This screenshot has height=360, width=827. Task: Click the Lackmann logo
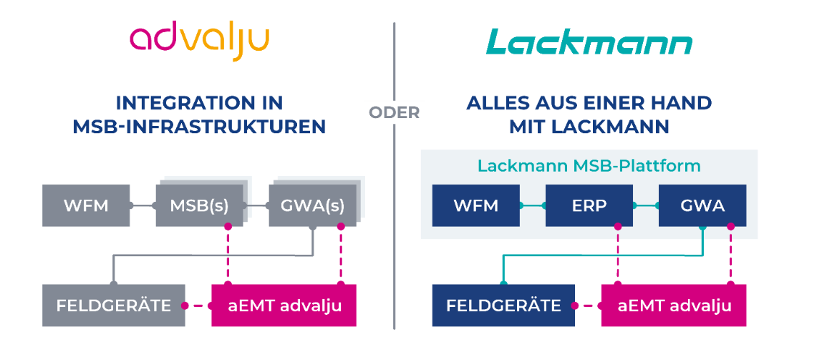[589, 44]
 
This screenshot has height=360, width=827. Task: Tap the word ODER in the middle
[394, 113]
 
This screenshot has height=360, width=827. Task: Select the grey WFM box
[86, 206]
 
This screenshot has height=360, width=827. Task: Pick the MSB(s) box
[199, 206]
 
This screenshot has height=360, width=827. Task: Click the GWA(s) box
[312, 206]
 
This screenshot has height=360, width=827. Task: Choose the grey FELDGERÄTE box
[114, 306]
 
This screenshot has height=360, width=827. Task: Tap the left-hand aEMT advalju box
[284, 306]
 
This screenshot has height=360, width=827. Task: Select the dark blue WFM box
[476, 206]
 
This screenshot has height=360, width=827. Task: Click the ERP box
[589, 206]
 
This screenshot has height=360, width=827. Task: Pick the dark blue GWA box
[702, 206]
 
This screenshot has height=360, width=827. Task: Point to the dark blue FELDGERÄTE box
[503, 306]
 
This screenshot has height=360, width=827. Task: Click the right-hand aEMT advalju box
[674, 306]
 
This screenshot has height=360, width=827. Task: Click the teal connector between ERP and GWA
[646, 206]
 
